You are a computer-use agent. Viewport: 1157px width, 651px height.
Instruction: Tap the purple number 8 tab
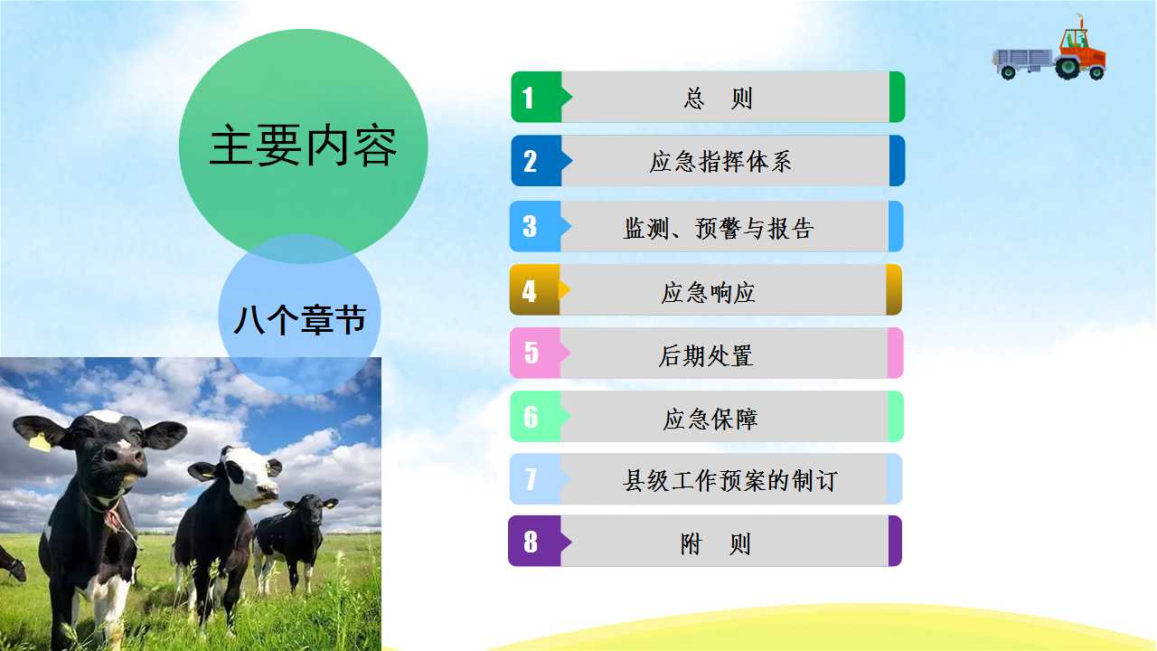tap(537, 541)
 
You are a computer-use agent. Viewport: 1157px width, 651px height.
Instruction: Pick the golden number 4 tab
tap(537, 290)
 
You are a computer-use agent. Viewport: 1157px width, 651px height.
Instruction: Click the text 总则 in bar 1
tap(718, 99)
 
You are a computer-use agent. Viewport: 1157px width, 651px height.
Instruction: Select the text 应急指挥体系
tap(720, 162)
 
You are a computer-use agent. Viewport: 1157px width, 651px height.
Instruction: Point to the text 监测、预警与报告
tap(719, 228)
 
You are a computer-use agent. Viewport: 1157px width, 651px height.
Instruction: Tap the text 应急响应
tap(708, 292)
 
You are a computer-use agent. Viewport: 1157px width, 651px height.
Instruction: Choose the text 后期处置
tap(706, 355)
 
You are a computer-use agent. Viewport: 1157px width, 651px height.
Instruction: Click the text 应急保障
tap(710, 419)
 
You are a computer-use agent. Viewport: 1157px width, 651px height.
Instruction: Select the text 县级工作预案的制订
tap(729, 480)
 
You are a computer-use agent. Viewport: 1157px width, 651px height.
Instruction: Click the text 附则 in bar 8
tap(715, 544)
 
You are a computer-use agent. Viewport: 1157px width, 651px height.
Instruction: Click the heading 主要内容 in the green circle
tap(303, 146)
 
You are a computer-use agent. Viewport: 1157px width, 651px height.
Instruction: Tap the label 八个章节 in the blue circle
tap(300, 320)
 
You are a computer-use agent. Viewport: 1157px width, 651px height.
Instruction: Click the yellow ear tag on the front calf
tap(39, 442)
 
